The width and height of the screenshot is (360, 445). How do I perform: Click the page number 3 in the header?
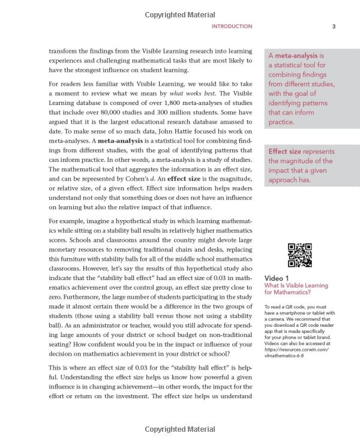coord(334,26)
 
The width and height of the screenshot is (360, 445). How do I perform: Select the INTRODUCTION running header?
coord(232,26)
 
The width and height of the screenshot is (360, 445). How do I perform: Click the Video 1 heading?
coord(277,278)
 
